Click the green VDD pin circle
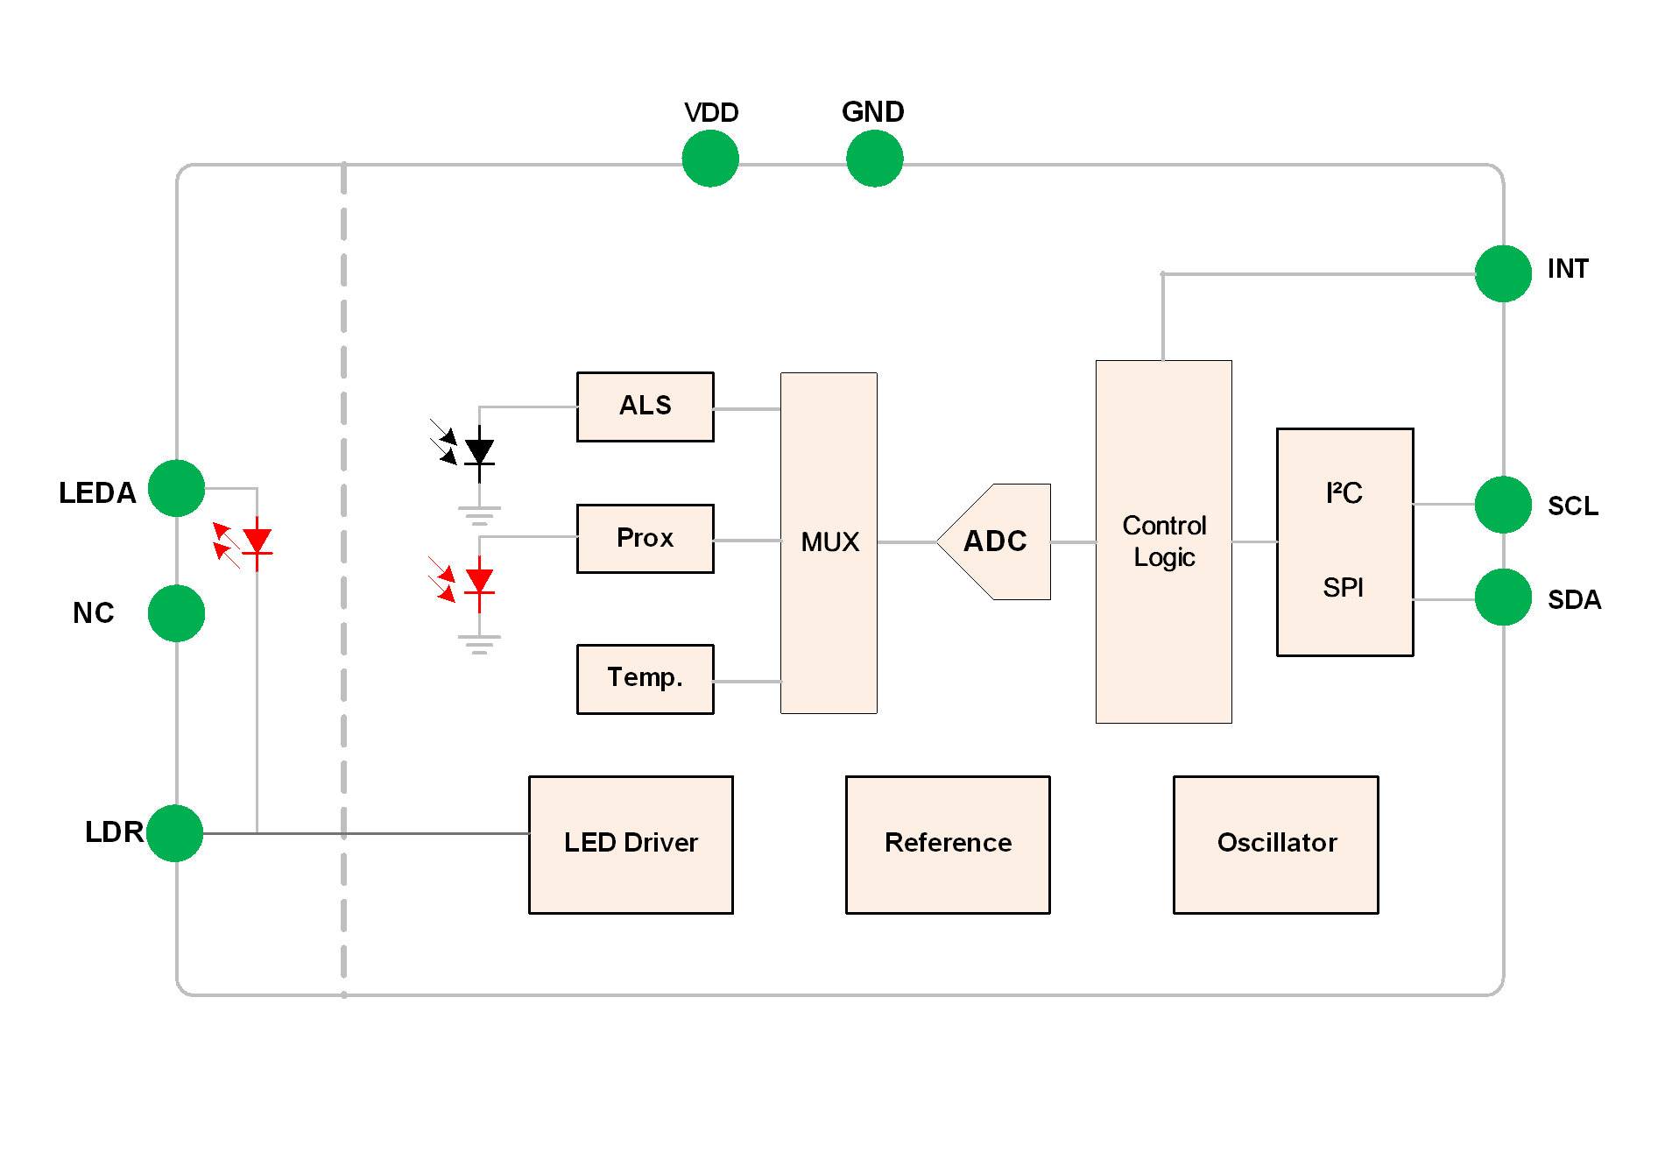[x=710, y=159]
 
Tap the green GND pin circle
[x=874, y=159]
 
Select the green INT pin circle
[x=1503, y=273]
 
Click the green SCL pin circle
[x=1503, y=505]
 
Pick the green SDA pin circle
[x=1503, y=598]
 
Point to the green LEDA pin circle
[x=176, y=488]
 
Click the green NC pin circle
[x=176, y=613]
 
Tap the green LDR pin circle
[x=175, y=833]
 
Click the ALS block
[x=645, y=407]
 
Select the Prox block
[x=645, y=539]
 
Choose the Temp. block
[x=645, y=679]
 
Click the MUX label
[x=829, y=542]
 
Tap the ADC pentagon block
[x=996, y=541]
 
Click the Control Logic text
[x=1164, y=541]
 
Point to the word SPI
[x=1343, y=587]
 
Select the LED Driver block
[x=631, y=844]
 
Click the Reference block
[x=948, y=844]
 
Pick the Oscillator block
[x=1276, y=844]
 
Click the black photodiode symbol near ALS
[x=478, y=452]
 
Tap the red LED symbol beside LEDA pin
[x=256, y=541]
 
